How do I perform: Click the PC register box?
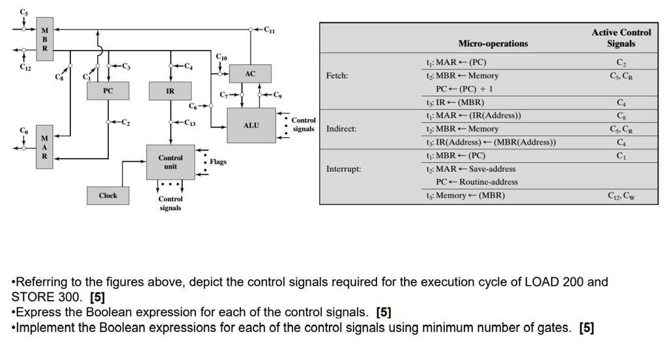pyautogui.click(x=107, y=91)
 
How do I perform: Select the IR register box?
pyautogui.click(x=169, y=91)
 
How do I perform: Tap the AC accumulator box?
pyautogui.click(x=250, y=74)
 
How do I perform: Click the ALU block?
pyautogui.click(x=251, y=125)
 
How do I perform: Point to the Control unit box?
pyautogui.click(x=170, y=162)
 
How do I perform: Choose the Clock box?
pyautogui.click(x=108, y=195)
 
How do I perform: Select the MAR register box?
pyautogui.click(x=44, y=147)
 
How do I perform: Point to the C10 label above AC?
pyautogui.click(x=222, y=57)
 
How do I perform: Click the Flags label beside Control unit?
pyautogui.click(x=218, y=161)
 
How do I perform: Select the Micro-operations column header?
pyautogui.click(x=493, y=44)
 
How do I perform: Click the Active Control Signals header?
pyautogui.click(x=621, y=38)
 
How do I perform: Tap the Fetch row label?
pyautogui.click(x=337, y=76)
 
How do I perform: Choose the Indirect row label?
pyautogui.click(x=341, y=129)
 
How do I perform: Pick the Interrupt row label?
pyautogui.click(x=343, y=169)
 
